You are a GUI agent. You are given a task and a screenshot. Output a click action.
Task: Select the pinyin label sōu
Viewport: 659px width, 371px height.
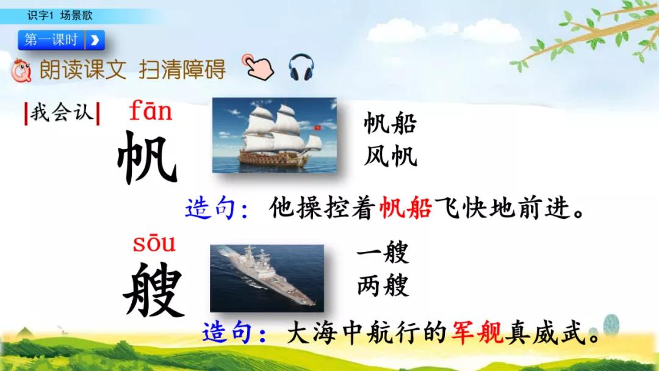tap(154, 243)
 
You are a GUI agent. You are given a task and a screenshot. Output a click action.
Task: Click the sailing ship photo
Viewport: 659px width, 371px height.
tap(274, 135)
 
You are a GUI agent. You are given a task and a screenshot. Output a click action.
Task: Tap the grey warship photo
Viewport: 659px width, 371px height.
tap(267, 278)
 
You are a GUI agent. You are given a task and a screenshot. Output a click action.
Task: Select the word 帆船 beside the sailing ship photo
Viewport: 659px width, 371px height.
tap(390, 124)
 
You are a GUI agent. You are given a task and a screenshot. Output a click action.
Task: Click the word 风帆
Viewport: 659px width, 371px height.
tap(390, 156)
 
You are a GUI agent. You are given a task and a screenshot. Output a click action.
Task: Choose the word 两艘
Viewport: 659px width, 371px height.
tap(383, 285)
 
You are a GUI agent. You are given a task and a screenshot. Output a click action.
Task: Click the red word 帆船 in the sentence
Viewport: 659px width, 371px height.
tap(406, 209)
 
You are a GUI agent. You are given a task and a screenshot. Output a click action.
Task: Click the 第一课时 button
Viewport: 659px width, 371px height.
tap(61, 40)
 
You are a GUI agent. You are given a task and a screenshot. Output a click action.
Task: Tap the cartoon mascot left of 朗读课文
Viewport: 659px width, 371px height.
tap(22, 71)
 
